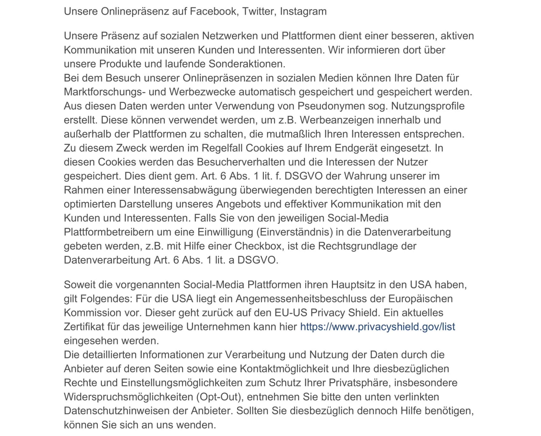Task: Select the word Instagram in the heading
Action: point(303,11)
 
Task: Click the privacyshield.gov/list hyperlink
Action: point(378,327)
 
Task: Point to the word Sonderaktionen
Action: point(247,64)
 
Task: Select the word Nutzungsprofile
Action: point(428,106)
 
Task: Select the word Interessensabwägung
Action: point(185,190)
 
